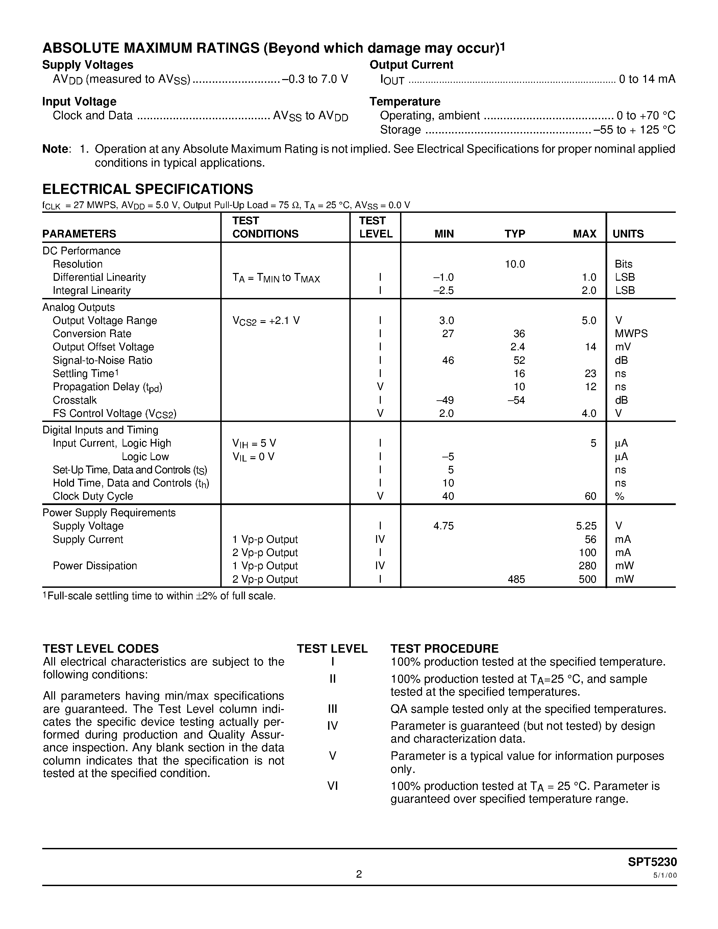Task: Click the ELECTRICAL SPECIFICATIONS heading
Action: [148, 189]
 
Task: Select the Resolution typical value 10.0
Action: [515, 264]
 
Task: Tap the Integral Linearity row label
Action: [92, 291]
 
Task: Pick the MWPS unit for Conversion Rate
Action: [631, 333]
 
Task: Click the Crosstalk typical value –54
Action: [516, 400]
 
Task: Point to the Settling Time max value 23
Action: [590, 374]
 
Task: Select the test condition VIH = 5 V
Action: [254, 443]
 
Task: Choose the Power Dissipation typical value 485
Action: [516, 579]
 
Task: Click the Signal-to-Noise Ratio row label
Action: [102, 360]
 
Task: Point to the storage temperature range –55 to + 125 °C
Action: [634, 129]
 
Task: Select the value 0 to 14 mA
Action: [647, 79]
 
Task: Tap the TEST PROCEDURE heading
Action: [444, 648]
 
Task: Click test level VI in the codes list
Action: [332, 786]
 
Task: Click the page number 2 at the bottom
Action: [358, 874]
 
